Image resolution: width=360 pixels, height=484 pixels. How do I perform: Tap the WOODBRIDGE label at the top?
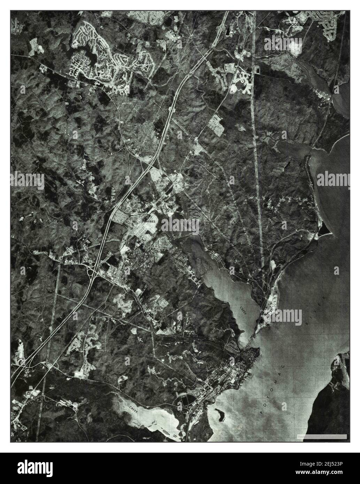297,24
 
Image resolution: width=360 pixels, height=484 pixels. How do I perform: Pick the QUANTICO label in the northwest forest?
43,102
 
